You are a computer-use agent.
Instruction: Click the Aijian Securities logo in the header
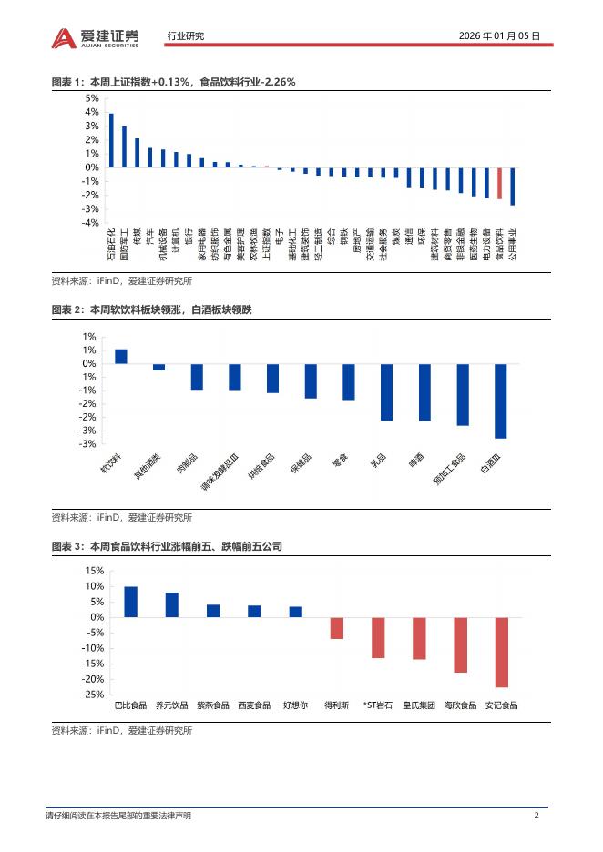[96, 36]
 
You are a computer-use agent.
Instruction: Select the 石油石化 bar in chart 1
[111, 140]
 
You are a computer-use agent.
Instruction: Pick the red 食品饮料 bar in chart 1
[499, 183]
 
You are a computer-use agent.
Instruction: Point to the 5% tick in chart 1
[92, 98]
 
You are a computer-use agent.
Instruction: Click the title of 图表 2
[151, 310]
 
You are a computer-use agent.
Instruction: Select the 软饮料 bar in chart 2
[121, 356]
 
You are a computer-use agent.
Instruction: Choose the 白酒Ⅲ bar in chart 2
[500, 401]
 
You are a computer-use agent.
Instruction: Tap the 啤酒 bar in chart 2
[424, 391]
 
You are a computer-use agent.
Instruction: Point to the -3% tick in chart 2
[89, 444]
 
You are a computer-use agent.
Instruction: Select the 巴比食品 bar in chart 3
[130, 602]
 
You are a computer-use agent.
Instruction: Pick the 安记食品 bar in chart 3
[501, 652]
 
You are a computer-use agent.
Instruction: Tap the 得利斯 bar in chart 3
[336, 628]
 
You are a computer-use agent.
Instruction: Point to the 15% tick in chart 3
[92, 571]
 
